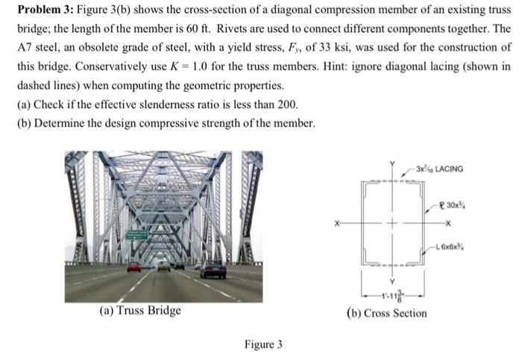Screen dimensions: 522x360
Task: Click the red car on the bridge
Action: (x=133, y=267)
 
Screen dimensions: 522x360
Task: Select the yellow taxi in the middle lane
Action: (x=163, y=266)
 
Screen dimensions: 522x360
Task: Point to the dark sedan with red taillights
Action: (x=213, y=269)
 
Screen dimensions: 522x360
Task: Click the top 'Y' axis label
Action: (x=389, y=163)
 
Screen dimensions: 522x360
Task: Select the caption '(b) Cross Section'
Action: (x=388, y=314)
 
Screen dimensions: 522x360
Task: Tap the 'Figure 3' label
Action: (x=263, y=344)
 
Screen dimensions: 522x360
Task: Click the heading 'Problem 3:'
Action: (x=43, y=12)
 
